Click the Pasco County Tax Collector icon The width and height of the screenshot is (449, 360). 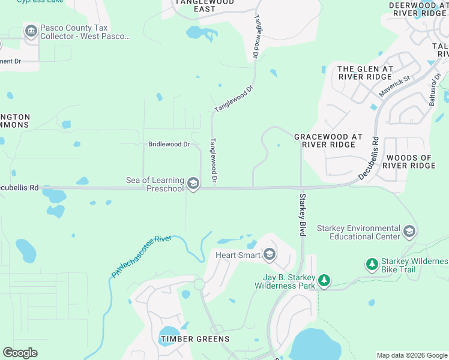tap(31, 31)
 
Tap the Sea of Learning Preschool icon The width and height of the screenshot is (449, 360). tap(193, 184)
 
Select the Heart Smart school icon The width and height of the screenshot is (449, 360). tap(270, 255)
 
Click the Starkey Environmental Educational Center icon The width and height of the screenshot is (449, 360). tap(409, 232)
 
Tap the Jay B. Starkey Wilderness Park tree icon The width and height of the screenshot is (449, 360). tap(324, 281)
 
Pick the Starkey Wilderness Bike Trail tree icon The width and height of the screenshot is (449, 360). tap(372, 264)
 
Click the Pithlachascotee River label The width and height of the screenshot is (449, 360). tap(142, 256)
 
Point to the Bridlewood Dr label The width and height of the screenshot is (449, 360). tap(169, 145)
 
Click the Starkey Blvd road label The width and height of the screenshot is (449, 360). tap(303, 214)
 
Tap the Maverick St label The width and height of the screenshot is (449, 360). tap(394, 86)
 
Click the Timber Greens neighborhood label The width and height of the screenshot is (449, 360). tap(195, 339)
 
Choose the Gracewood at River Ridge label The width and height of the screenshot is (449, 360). tap(328, 140)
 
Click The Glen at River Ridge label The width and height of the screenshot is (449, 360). tap(365, 73)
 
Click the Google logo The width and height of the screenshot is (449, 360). tap(20, 353)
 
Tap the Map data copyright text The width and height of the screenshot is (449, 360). tap(412, 355)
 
